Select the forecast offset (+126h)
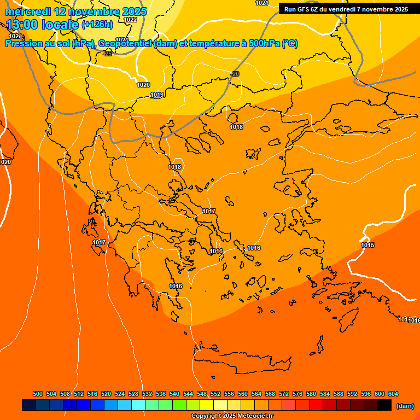[x=97, y=25]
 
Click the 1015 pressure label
[x=367, y=245]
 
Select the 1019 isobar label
[x=157, y=95]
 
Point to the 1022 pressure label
[x=130, y=20]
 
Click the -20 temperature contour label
[x=235, y=74]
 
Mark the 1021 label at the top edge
[x=262, y=3]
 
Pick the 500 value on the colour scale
[x=38, y=394]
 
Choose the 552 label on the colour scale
[x=215, y=394]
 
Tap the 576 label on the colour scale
[x=297, y=394]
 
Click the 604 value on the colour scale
[x=393, y=394]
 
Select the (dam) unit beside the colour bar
[x=405, y=405]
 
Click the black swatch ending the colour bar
[x=384, y=405]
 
